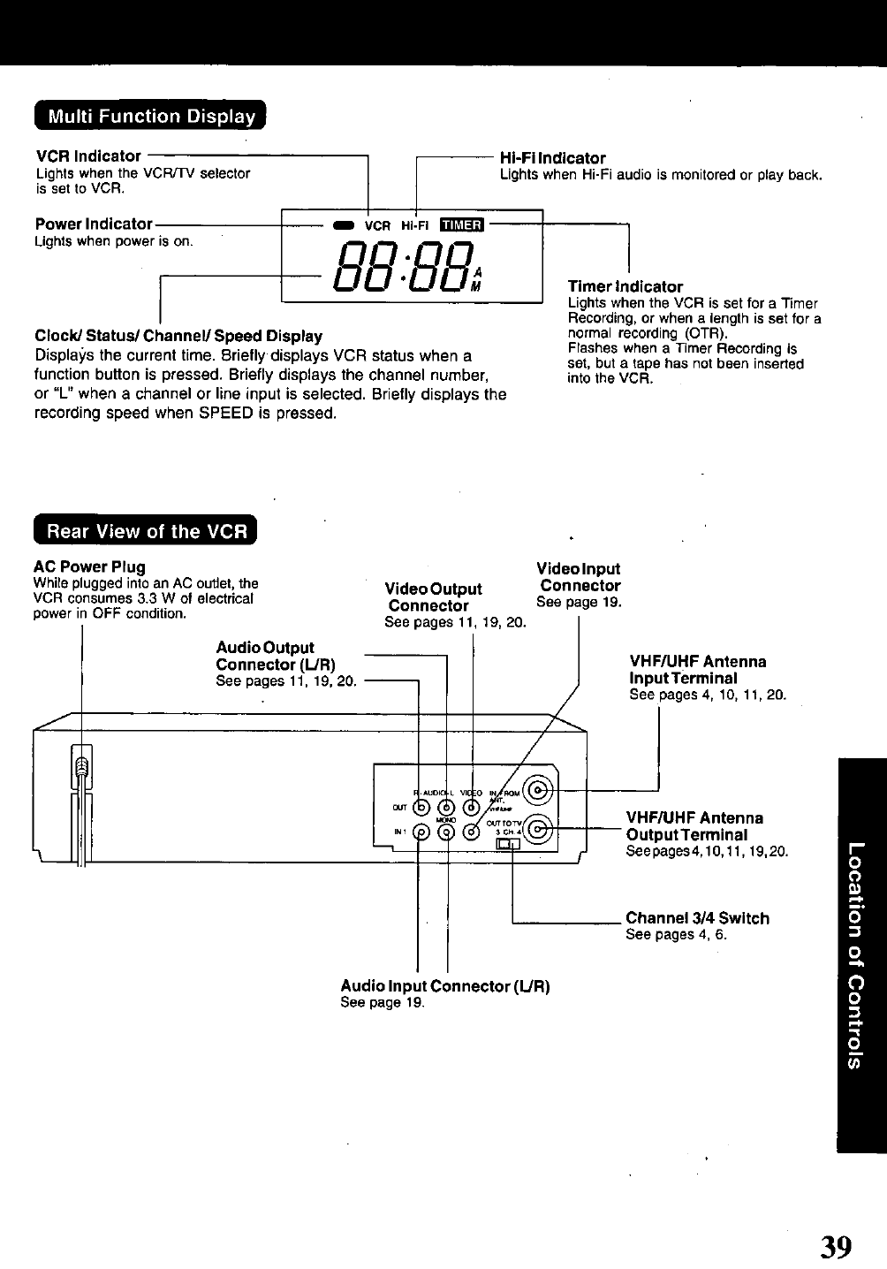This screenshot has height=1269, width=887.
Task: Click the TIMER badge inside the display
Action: coord(463,224)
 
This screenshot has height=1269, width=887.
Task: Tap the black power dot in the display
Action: coord(341,224)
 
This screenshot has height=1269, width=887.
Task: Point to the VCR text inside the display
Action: coord(377,224)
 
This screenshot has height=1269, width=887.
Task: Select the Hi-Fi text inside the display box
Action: coord(415,224)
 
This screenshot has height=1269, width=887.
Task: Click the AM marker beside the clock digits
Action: coord(478,279)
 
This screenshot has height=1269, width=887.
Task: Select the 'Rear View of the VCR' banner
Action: coord(146,531)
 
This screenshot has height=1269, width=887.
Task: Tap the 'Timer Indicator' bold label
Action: coord(625,286)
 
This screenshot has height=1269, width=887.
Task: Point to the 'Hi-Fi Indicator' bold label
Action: coord(552,158)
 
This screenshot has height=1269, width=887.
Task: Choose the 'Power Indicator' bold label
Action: coord(94,224)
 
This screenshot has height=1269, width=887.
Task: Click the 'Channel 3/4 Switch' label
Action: coord(697,918)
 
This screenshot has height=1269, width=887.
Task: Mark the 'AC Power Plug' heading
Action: coord(89,566)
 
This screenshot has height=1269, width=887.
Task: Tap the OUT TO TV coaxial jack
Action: coord(541,830)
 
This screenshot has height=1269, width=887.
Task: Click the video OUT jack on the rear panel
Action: coord(474,807)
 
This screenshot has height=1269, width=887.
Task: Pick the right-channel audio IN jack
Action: coord(422,832)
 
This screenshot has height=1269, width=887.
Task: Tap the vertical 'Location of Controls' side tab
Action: coord(860,954)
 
